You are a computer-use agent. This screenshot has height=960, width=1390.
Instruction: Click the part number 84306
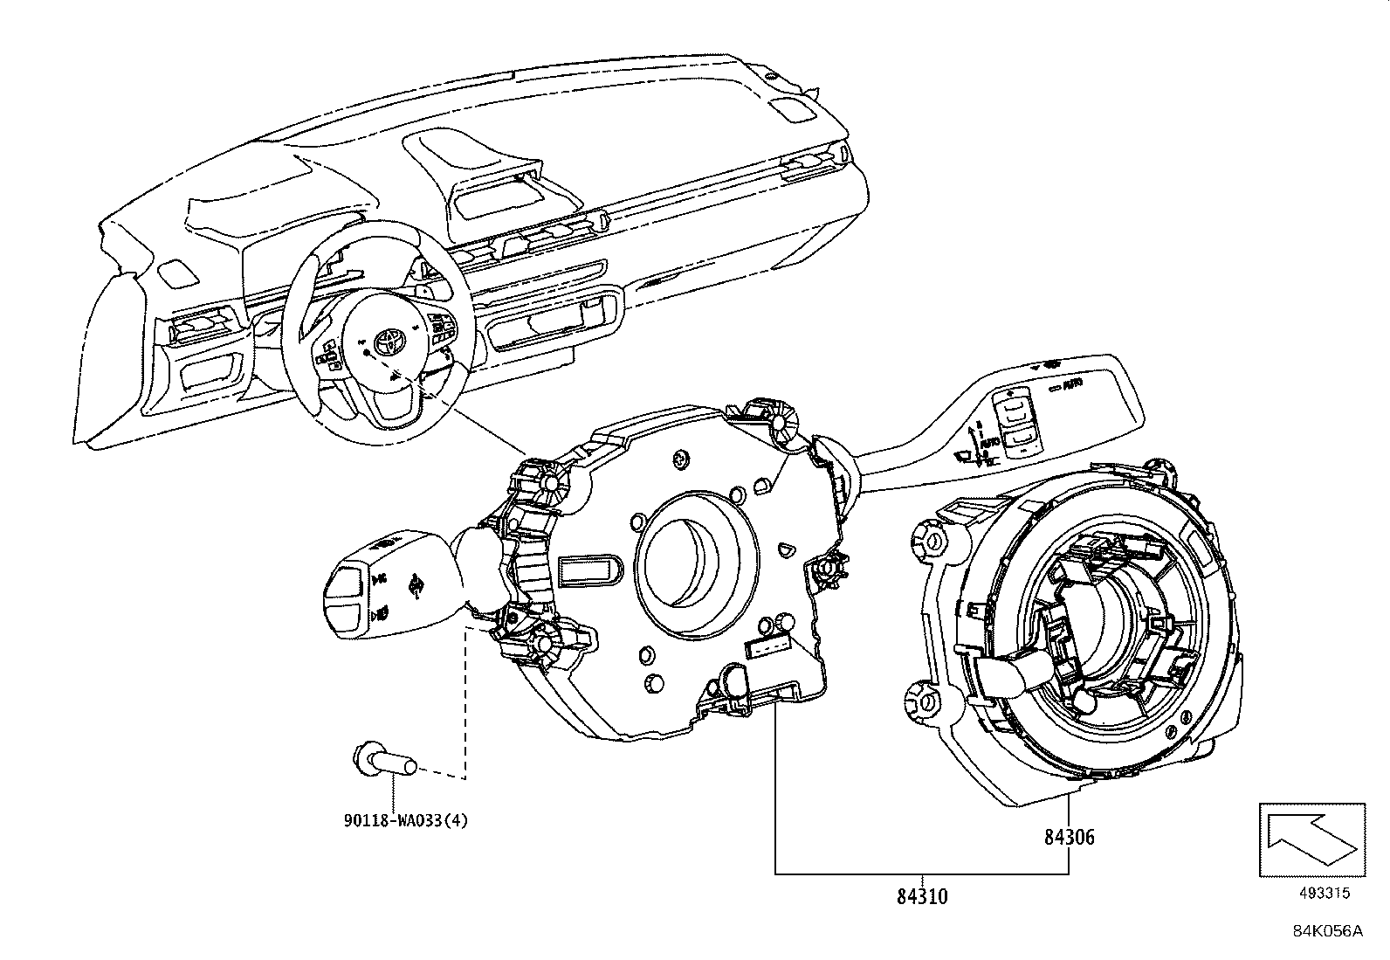1069,837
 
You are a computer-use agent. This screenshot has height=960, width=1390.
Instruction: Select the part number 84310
923,895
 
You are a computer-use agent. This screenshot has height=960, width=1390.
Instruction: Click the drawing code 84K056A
1327,930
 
